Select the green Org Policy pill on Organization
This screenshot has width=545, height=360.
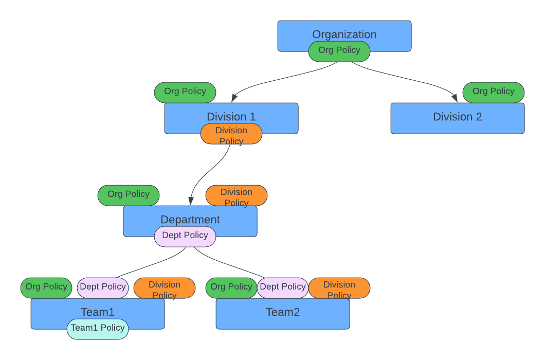[339, 51]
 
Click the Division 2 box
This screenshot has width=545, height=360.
[458, 118]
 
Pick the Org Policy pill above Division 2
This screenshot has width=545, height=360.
[494, 92]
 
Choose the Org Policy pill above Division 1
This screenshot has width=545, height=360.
[185, 92]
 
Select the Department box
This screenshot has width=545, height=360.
[190, 219]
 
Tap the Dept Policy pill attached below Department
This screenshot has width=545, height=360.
[185, 236]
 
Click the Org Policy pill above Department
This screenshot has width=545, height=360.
[129, 195]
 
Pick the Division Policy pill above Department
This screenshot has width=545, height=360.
[237, 195]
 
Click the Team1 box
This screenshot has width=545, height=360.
[98, 311]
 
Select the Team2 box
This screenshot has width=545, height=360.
[283, 314]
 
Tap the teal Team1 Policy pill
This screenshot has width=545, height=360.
[98, 329]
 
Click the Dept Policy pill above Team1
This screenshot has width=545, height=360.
[103, 287]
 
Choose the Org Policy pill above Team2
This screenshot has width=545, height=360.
[231, 287]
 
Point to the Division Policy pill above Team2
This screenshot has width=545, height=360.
[339, 287]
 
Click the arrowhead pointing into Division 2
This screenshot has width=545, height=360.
[455, 98]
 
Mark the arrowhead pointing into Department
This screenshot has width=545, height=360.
[191, 201]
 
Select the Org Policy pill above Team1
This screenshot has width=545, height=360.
[46, 287]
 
